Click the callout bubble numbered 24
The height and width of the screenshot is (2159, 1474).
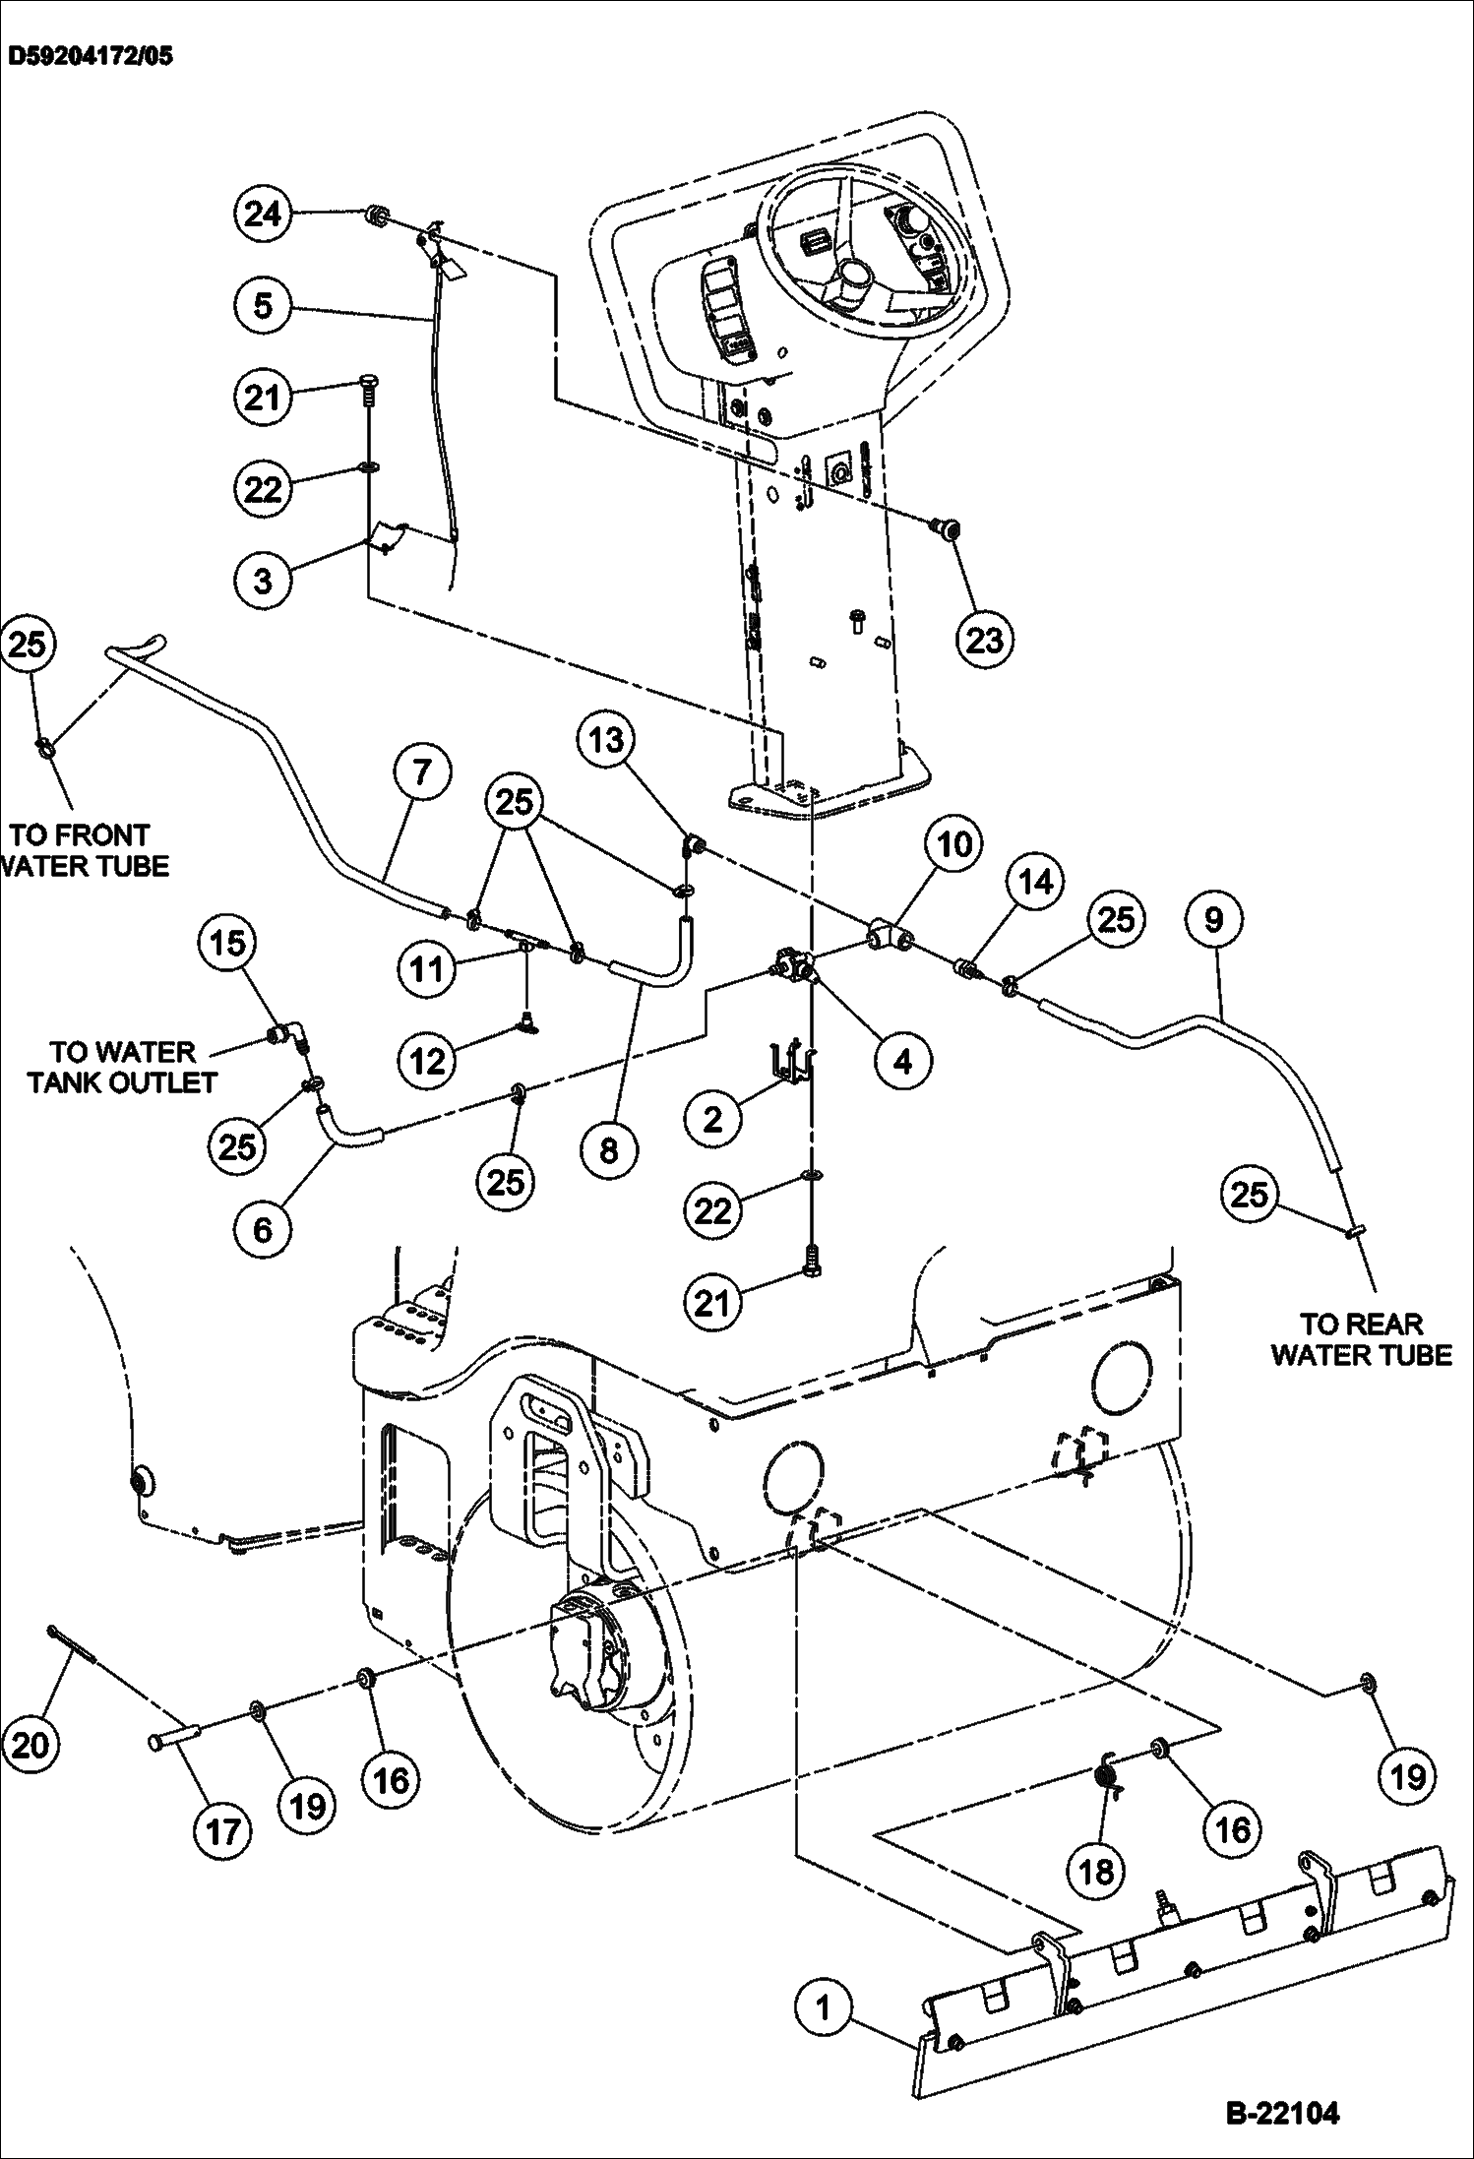tap(263, 214)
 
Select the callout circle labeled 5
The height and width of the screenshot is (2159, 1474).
tap(263, 305)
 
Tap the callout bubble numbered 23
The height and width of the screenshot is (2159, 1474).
tap(984, 640)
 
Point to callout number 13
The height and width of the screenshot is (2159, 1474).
tap(606, 739)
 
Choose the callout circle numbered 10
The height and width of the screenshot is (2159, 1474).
tap(952, 843)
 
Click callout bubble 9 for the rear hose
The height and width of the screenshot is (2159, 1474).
tap(1213, 919)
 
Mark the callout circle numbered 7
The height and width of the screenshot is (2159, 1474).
tap(422, 771)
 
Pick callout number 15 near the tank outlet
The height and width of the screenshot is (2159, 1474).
tap(227, 943)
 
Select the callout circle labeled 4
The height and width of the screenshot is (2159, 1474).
tap(902, 1061)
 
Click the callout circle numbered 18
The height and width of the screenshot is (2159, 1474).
tap(1096, 1871)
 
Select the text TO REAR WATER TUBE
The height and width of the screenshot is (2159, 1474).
tap(1361, 1339)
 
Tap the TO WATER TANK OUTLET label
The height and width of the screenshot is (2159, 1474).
tap(122, 1067)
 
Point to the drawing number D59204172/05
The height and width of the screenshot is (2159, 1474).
tap(90, 56)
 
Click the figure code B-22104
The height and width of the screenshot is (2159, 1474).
tap(1282, 2112)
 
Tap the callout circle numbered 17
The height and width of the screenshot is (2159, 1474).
tap(223, 1831)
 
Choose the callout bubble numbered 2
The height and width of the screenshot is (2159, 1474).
tap(712, 1119)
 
